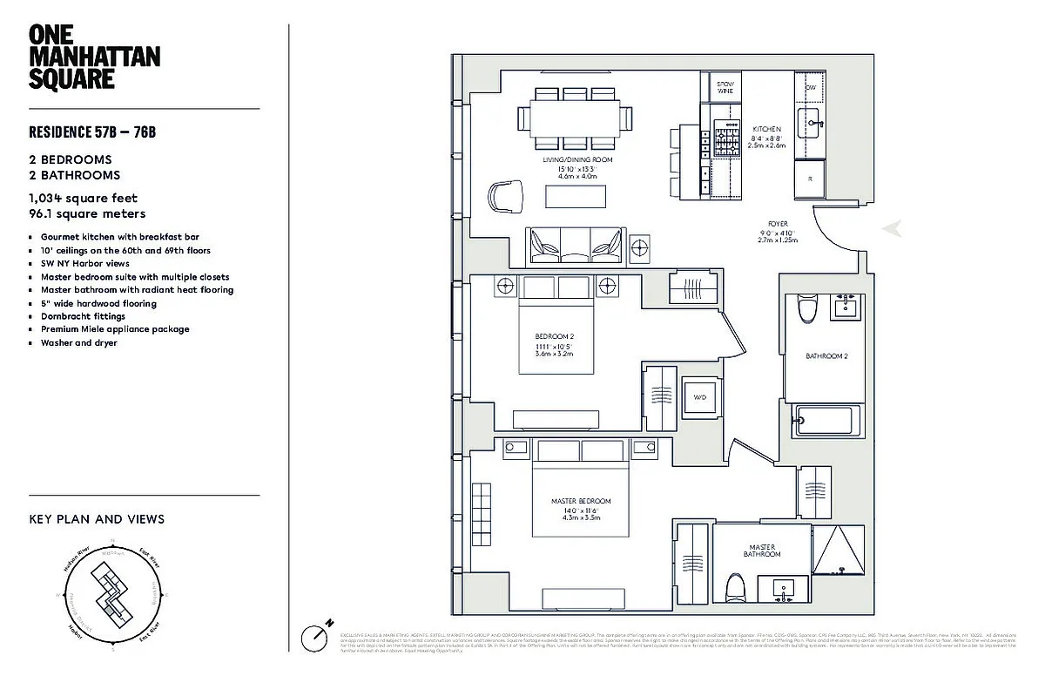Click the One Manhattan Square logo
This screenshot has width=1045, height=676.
pyautogui.click(x=82, y=56)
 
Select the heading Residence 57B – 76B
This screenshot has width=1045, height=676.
pyautogui.click(x=91, y=132)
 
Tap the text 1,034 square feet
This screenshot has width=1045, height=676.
pyautogui.click(x=83, y=199)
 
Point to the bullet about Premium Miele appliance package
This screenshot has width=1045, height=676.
pyautogui.click(x=114, y=329)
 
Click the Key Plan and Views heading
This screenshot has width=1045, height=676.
pyautogui.click(x=97, y=519)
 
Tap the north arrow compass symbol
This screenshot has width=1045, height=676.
pyautogui.click(x=314, y=636)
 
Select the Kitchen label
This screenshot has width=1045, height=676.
pyautogui.click(x=766, y=129)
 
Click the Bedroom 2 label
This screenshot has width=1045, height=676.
pyautogui.click(x=555, y=336)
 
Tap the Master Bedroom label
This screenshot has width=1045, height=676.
pyautogui.click(x=581, y=501)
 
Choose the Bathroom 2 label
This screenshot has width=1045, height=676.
pyautogui.click(x=826, y=356)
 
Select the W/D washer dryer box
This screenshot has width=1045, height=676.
pyautogui.click(x=699, y=396)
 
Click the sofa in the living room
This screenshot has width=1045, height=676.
pyautogui.click(x=576, y=245)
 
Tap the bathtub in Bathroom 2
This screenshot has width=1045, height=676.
pyautogui.click(x=827, y=420)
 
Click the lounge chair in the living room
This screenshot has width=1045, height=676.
pyautogui.click(x=506, y=195)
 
